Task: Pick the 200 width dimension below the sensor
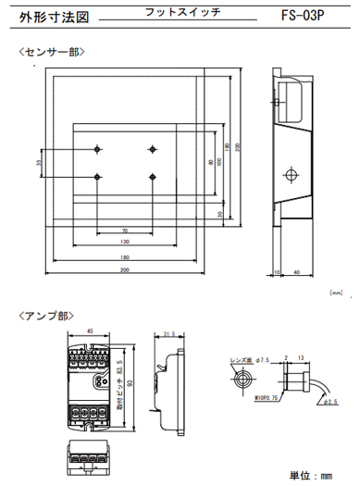(123, 269)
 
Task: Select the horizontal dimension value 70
(123, 230)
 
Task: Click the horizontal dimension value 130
(123, 242)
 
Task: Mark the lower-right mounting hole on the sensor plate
(150, 176)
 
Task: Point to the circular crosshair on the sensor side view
(292, 173)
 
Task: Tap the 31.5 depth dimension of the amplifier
(168, 335)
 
